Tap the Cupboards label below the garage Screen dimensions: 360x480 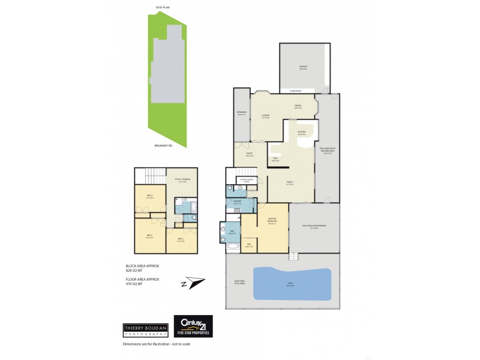point(295,91)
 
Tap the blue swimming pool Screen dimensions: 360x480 point(292,284)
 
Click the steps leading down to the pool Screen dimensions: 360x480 point(293,256)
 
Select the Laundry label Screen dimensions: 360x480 point(237,202)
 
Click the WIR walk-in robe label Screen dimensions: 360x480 point(250,245)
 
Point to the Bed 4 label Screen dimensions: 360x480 point(181,239)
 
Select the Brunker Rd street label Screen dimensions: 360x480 point(163,145)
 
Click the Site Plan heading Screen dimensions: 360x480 point(163,8)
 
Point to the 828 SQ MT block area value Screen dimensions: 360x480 point(135,271)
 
